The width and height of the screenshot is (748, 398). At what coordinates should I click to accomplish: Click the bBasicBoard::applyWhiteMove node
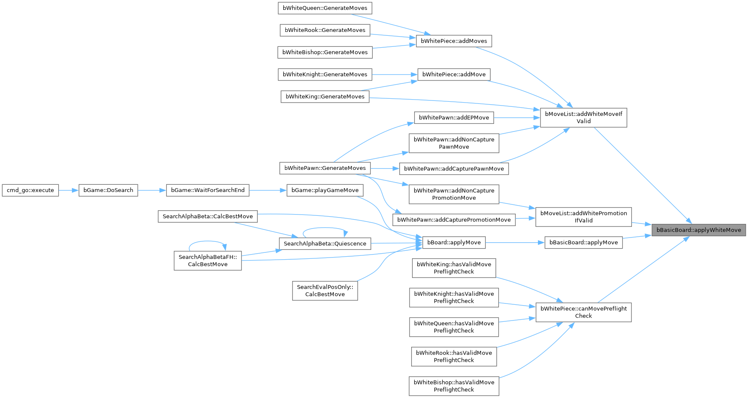pyautogui.click(x=699, y=230)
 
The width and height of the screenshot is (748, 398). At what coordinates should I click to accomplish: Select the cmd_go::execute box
pyautogui.click(x=30, y=190)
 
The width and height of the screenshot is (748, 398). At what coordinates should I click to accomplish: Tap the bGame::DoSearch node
pyautogui.click(x=108, y=190)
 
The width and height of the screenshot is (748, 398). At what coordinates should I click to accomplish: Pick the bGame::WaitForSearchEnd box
pyautogui.click(x=207, y=190)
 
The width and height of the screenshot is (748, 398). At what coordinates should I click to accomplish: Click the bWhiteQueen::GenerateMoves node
pyautogui.click(x=325, y=8)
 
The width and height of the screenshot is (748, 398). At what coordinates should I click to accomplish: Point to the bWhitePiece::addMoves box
pyautogui.click(x=454, y=41)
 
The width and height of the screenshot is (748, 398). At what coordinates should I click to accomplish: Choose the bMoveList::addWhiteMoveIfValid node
pyautogui.click(x=583, y=117)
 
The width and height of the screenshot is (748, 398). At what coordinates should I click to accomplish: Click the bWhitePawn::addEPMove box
pyautogui.click(x=454, y=117)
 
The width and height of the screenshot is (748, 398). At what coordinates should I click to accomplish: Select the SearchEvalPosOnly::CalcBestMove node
pyautogui.click(x=325, y=291)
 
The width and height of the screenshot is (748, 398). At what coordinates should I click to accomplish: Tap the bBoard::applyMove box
pyautogui.click(x=454, y=243)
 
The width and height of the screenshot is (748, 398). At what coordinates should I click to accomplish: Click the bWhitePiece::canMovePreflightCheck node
pyautogui.click(x=583, y=312)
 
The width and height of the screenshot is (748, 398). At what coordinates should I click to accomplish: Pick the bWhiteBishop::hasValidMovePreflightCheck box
pyautogui.click(x=454, y=386)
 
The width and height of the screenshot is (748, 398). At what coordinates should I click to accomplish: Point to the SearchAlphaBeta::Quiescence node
pyautogui.click(x=325, y=243)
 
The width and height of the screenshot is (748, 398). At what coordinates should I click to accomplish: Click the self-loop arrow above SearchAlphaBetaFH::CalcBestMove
pyautogui.click(x=207, y=241)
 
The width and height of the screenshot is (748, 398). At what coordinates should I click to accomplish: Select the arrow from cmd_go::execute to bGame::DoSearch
pyautogui.click(x=68, y=190)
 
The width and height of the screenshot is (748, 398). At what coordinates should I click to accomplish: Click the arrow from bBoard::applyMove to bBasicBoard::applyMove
pyautogui.click(x=515, y=243)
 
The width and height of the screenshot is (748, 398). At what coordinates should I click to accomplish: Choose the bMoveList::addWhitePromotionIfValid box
pyautogui.click(x=583, y=217)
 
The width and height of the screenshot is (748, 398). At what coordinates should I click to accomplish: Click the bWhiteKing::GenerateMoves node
pyautogui.click(x=325, y=97)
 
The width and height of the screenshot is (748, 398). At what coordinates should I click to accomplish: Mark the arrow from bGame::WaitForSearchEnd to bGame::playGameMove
pyautogui.click(x=268, y=190)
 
